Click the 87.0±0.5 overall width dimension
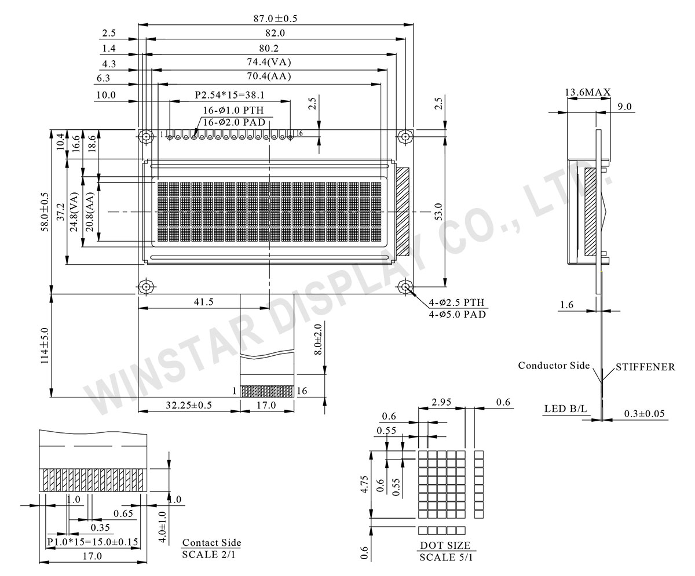(x=271, y=19)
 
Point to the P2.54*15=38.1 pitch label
(x=229, y=94)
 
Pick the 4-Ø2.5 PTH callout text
(x=458, y=302)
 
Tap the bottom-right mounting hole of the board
(x=405, y=287)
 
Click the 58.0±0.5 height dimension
(x=44, y=212)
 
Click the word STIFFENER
(x=645, y=367)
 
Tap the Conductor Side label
(x=554, y=366)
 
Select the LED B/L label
(x=565, y=409)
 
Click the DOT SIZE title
(x=445, y=545)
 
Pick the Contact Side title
(x=211, y=543)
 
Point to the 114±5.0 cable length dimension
(x=44, y=346)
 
